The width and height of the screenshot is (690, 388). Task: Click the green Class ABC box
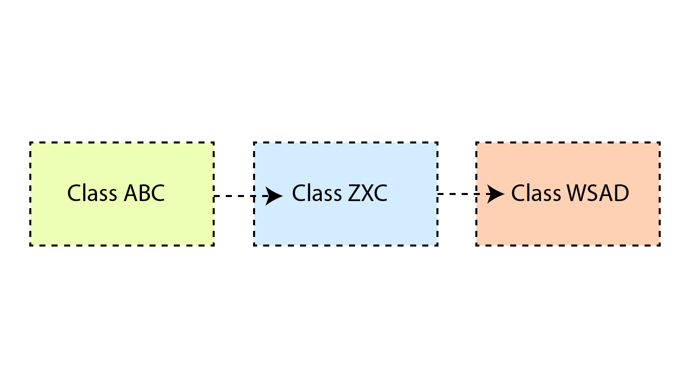tap(122, 194)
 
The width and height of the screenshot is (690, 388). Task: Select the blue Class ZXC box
tap(346, 194)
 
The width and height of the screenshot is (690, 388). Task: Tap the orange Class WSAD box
tap(568, 194)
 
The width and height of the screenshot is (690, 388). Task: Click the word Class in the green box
tap(92, 193)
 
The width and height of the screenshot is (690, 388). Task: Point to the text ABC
tap(144, 193)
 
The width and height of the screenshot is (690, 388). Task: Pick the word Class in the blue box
tap(317, 193)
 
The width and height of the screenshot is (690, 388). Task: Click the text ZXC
tap(368, 193)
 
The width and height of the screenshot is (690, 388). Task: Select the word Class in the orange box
tap(536, 193)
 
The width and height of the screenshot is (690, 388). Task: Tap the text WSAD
tap(598, 193)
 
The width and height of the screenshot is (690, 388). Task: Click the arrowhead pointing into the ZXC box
tap(274, 196)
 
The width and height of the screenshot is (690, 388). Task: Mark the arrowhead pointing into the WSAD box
tap(496, 194)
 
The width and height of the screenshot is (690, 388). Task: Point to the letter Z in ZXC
tap(355, 193)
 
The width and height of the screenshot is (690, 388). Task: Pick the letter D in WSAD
tap(622, 193)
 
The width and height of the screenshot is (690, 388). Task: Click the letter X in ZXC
tap(368, 193)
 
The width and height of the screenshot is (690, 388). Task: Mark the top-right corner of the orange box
tap(660, 142)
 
